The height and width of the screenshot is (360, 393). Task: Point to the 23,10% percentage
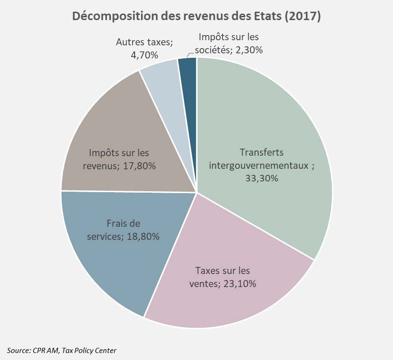click(239, 283)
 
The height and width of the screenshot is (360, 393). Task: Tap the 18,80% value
click(142, 236)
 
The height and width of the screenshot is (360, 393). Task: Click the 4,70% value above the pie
click(145, 54)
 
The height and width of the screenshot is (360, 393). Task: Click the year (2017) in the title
click(304, 16)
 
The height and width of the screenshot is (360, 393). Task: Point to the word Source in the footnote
click(17, 350)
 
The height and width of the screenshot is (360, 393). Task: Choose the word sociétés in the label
click(214, 49)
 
